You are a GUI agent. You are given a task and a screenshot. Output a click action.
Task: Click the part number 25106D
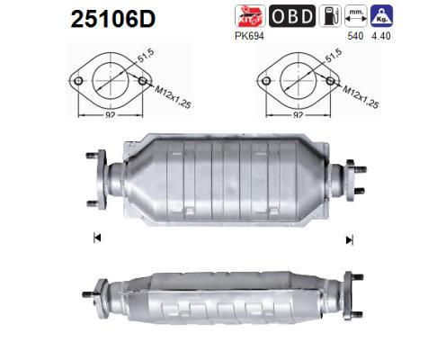[113, 20]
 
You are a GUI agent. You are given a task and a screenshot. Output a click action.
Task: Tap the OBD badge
[292, 16]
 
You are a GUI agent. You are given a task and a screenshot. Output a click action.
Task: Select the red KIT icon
[250, 16]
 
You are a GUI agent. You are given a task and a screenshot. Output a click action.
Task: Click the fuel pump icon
[330, 16]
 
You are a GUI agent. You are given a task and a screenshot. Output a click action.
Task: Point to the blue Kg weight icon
[381, 16]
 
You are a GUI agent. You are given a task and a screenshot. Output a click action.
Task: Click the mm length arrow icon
[356, 16]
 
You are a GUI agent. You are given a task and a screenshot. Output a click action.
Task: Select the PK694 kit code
[249, 36]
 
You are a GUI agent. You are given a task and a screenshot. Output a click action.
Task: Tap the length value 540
[355, 36]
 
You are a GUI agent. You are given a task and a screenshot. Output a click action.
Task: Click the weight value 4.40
[381, 36]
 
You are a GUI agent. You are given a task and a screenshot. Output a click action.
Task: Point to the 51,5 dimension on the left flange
[146, 55]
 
